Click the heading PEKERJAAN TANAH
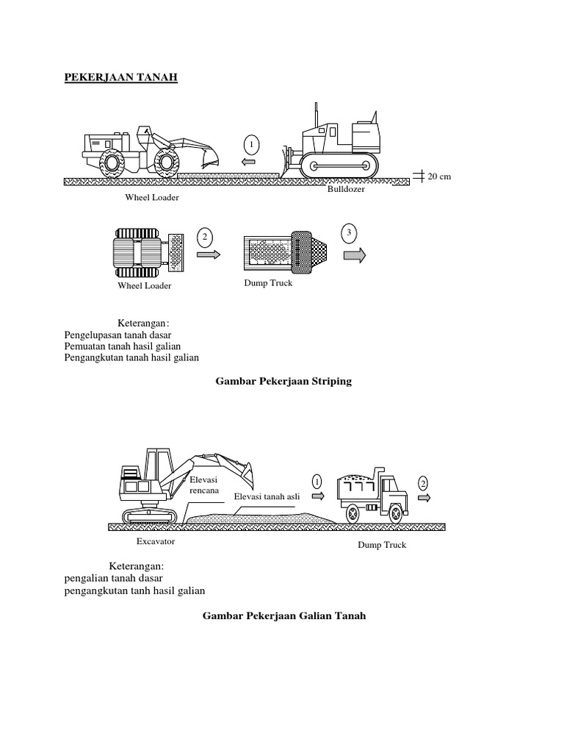click(x=121, y=77)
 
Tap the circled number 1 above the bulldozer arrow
click(x=250, y=143)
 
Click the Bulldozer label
click(x=345, y=189)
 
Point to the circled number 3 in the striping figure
click(x=350, y=233)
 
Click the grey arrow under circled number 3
click(x=354, y=255)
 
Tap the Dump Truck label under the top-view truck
click(x=268, y=283)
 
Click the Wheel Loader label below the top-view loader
click(x=145, y=285)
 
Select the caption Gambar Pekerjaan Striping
click(x=283, y=381)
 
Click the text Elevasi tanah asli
click(x=267, y=496)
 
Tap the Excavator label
click(x=155, y=542)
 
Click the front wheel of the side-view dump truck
click(x=395, y=512)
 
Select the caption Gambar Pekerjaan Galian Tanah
click(x=283, y=615)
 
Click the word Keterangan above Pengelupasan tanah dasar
click(x=142, y=323)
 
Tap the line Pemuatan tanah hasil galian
click(x=123, y=346)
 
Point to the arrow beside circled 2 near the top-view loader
click(x=209, y=254)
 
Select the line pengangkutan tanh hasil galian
click(x=135, y=590)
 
